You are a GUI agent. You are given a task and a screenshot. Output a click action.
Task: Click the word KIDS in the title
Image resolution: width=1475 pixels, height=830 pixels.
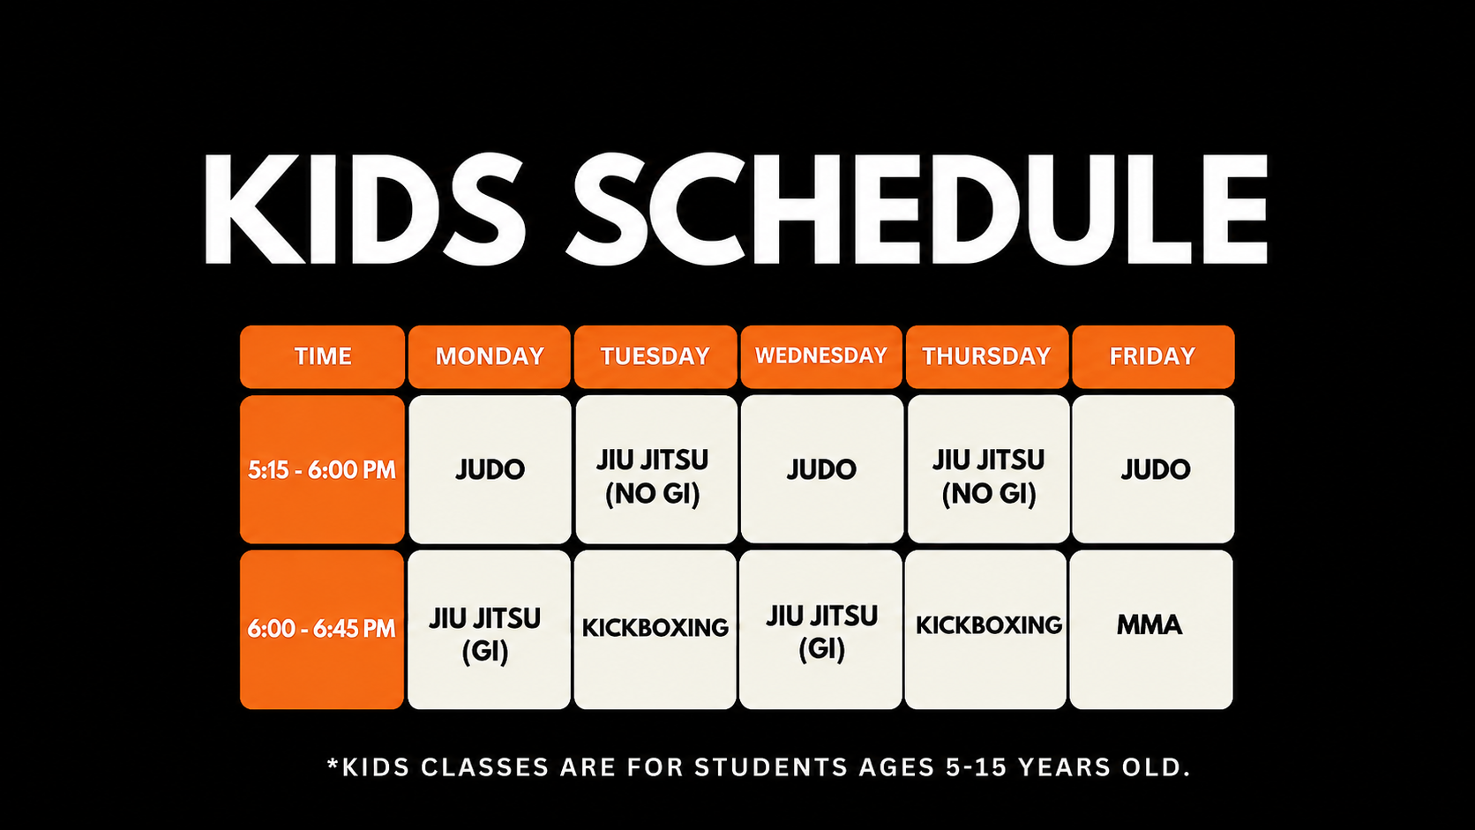point(364,209)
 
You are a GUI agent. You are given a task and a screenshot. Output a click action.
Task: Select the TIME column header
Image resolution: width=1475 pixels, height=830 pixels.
point(322,356)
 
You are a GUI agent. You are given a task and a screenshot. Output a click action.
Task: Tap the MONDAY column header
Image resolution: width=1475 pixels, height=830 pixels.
point(490,356)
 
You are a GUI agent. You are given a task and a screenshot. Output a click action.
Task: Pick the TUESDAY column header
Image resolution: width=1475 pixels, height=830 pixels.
point(655,356)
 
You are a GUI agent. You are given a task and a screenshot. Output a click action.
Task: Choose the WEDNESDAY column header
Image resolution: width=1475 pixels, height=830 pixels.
point(821,356)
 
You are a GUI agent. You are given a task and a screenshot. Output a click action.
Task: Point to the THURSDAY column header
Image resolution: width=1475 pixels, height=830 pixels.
point(986,356)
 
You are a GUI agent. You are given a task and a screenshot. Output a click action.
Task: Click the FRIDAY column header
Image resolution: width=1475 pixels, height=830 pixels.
point(1153,356)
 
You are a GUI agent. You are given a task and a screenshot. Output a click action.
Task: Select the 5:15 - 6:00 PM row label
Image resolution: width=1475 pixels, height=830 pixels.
point(322,469)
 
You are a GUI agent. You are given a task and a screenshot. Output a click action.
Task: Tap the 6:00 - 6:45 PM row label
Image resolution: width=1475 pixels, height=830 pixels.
point(322,629)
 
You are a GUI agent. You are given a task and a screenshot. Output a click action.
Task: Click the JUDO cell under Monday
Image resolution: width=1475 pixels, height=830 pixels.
point(490,469)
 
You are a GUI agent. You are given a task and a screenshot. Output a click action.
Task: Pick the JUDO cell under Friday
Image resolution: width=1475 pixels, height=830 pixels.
point(1153,469)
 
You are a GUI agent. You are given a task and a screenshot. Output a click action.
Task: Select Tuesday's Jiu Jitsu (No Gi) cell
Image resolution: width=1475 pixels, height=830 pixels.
point(655,469)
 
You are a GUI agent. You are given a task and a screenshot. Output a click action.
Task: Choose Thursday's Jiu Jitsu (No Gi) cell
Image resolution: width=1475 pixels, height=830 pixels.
point(988,469)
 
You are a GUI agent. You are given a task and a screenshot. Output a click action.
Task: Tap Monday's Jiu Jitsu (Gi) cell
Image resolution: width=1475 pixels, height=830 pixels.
point(490,629)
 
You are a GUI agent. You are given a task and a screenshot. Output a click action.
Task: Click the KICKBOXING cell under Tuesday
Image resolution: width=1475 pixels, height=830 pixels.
point(655,629)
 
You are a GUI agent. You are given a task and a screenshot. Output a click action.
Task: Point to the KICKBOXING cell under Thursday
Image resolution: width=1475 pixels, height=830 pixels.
point(985,629)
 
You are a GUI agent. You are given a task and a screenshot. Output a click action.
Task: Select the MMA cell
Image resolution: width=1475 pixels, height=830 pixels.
point(1151,629)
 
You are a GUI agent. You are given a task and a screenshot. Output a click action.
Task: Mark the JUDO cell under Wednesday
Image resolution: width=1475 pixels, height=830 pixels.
point(822,469)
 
